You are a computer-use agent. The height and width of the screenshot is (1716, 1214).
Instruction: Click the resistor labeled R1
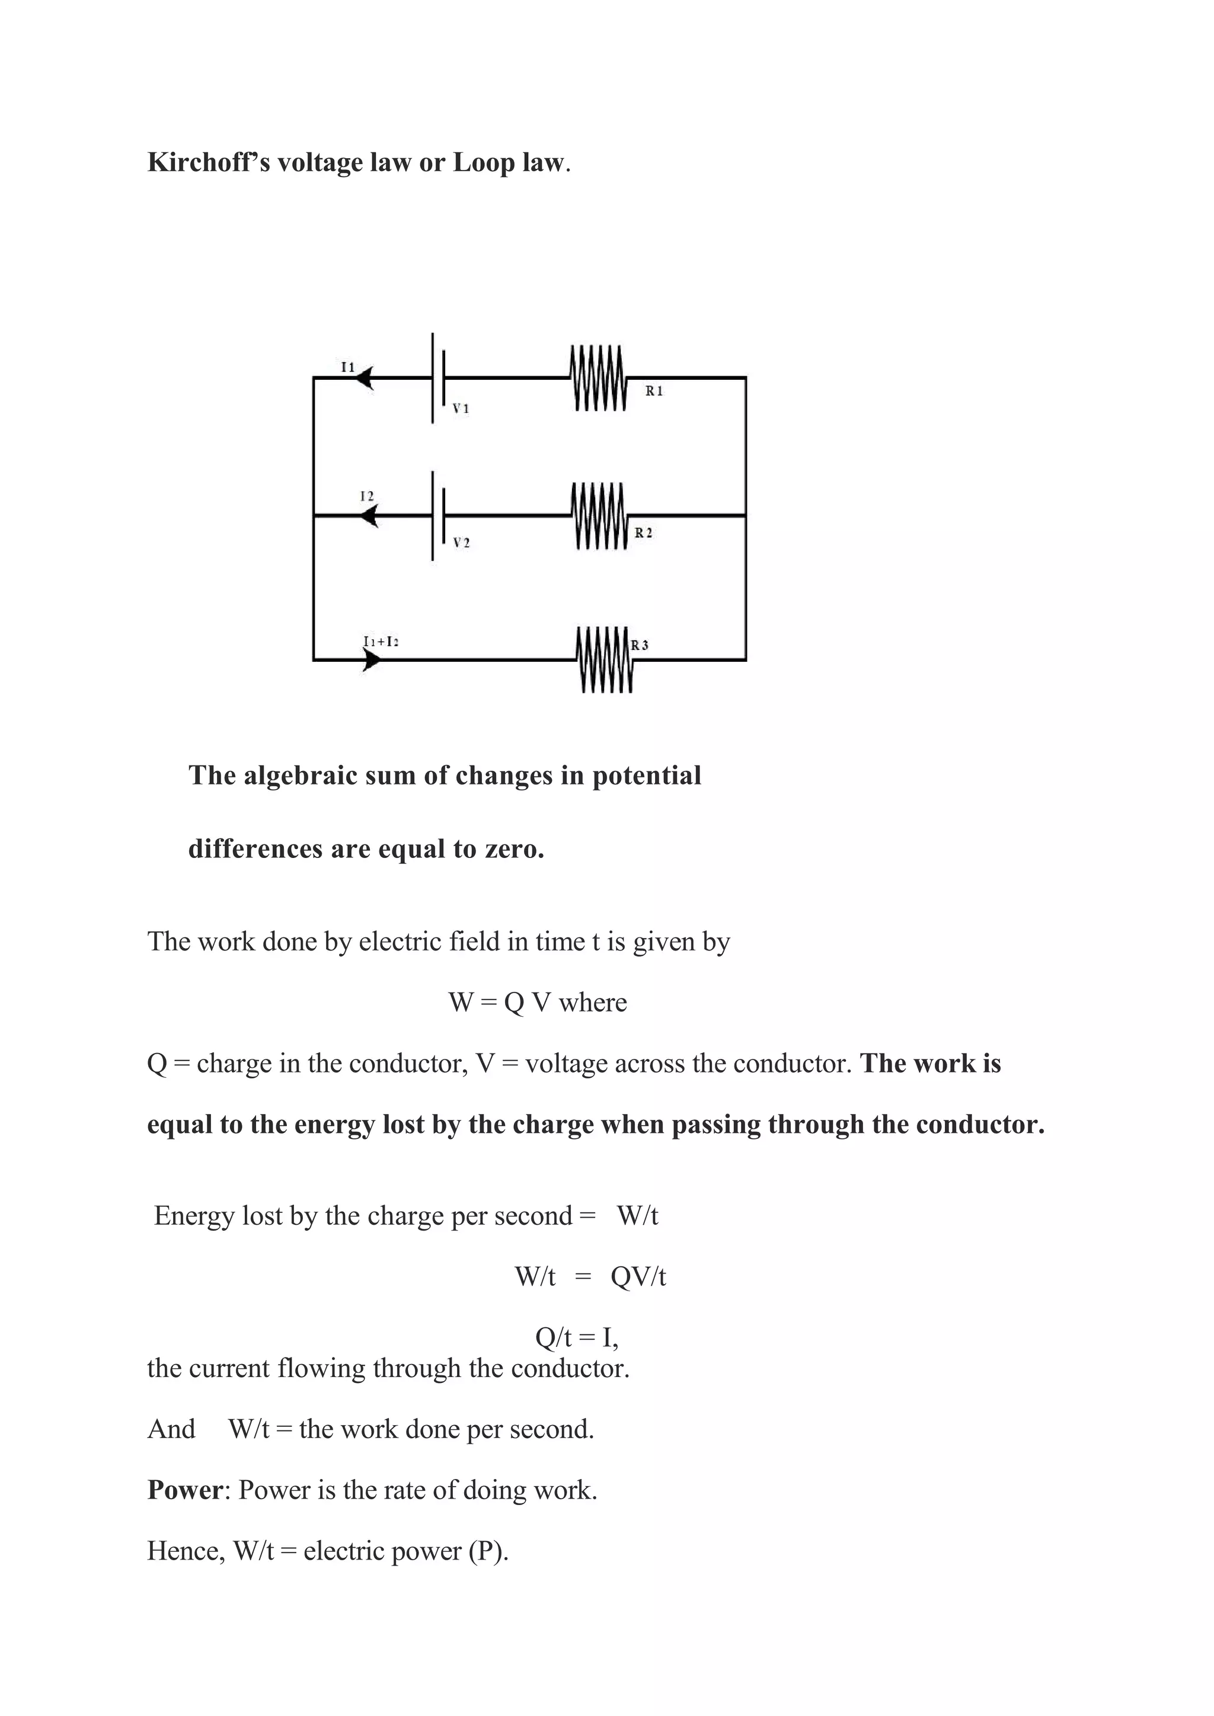click(598, 378)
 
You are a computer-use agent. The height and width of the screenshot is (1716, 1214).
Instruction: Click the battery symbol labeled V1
click(438, 378)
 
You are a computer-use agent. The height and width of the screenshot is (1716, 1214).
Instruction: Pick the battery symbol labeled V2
click(438, 516)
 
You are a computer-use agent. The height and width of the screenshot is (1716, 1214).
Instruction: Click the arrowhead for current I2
click(369, 516)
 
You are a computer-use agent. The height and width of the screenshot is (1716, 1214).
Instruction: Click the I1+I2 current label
click(381, 641)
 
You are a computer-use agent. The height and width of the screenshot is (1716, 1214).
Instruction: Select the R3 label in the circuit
click(640, 645)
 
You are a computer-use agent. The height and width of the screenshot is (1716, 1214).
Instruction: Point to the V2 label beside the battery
click(461, 543)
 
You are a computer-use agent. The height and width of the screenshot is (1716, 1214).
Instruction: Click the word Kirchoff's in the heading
click(209, 163)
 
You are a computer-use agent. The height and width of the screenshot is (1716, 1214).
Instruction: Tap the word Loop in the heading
click(483, 163)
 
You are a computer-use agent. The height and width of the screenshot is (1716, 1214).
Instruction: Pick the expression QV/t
click(638, 1276)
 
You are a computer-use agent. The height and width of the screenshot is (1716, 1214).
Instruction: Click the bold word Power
click(184, 1490)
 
